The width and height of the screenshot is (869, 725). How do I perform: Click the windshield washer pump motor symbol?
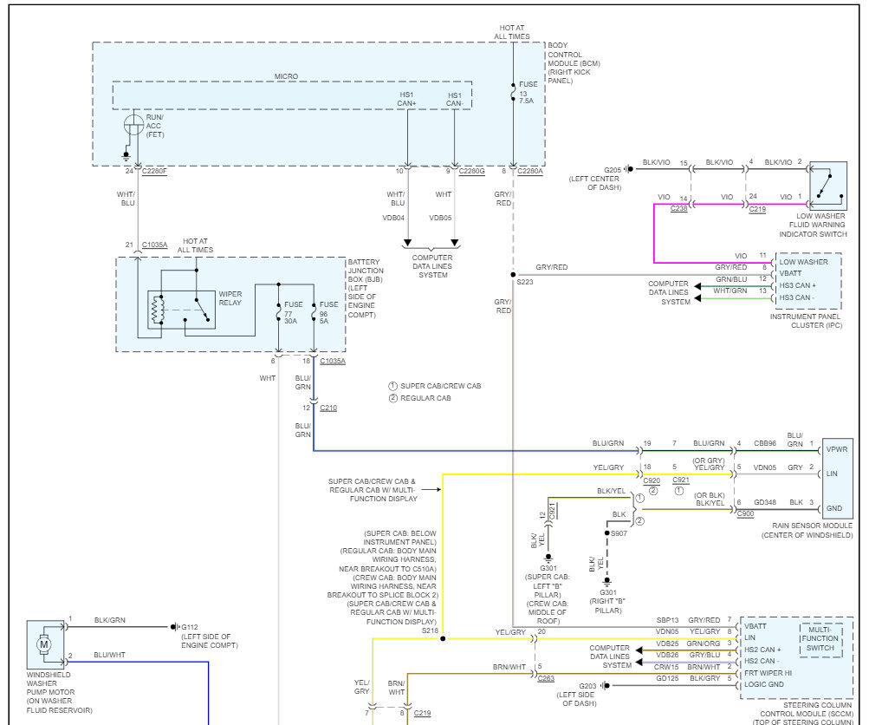click(x=43, y=644)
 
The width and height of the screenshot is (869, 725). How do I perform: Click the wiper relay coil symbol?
click(x=157, y=310)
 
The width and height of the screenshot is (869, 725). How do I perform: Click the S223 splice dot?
click(x=513, y=276)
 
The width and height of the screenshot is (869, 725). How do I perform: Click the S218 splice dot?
click(x=443, y=638)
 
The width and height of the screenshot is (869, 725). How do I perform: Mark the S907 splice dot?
click(x=606, y=533)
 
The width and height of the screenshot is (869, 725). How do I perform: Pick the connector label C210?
click(x=328, y=408)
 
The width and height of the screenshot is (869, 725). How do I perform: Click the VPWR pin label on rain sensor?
click(x=838, y=449)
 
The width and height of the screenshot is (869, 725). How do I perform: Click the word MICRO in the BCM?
click(x=286, y=76)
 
